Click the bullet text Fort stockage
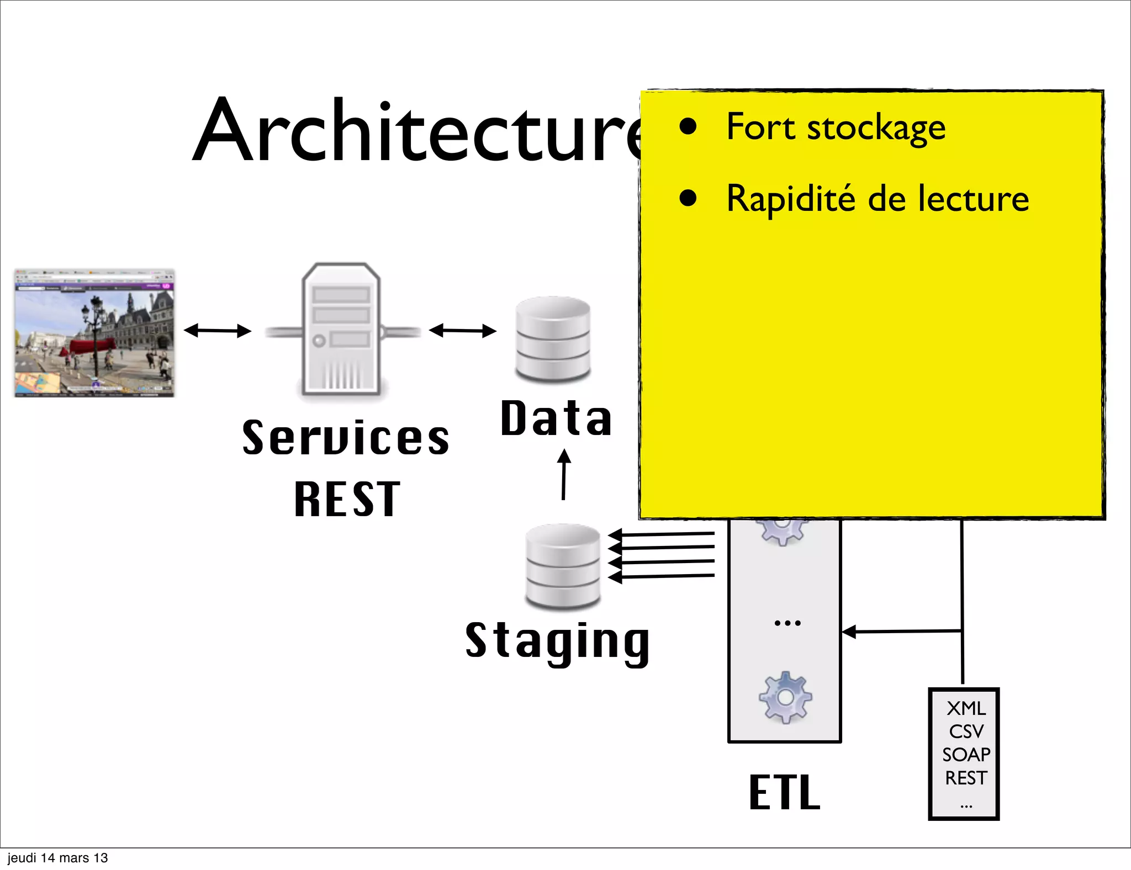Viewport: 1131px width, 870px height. pyautogui.click(x=835, y=128)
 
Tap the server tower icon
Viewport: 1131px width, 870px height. pyautogui.click(x=341, y=330)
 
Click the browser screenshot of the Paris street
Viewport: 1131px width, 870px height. pyautogui.click(x=94, y=333)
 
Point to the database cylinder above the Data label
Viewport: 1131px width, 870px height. pyautogui.click(x=553, y=339)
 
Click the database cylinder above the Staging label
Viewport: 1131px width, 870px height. pyautogui.click(x=563, y=566)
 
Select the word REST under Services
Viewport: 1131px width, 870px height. pyautogui.click(x=347, y=499)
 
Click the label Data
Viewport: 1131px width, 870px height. pyautogui.click(x=556, y=418)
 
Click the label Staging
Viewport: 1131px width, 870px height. pyautogui.click(x=557, y=641)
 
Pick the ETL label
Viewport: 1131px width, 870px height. pyautogui.click(x=784, y=792)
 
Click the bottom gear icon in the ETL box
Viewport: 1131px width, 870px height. pyautogui.click(x=785, y=698)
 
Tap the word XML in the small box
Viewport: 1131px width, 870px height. pyautogui.click(x=965, y=708)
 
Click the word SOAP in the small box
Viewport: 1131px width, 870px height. pyautogui.click(x=965, y=755)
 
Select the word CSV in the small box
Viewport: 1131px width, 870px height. pyautogui.click(x=965, y=731)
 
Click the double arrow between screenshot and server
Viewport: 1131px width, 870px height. pyautogui.click(x=217, y=331)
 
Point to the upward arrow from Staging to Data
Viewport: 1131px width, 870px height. pyautogui.click(x=564, y=475)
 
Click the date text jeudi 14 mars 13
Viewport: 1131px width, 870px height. pyautogui.click(x=57, y=858)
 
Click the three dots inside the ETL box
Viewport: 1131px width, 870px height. pyautogui.click(x=787, y=623)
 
